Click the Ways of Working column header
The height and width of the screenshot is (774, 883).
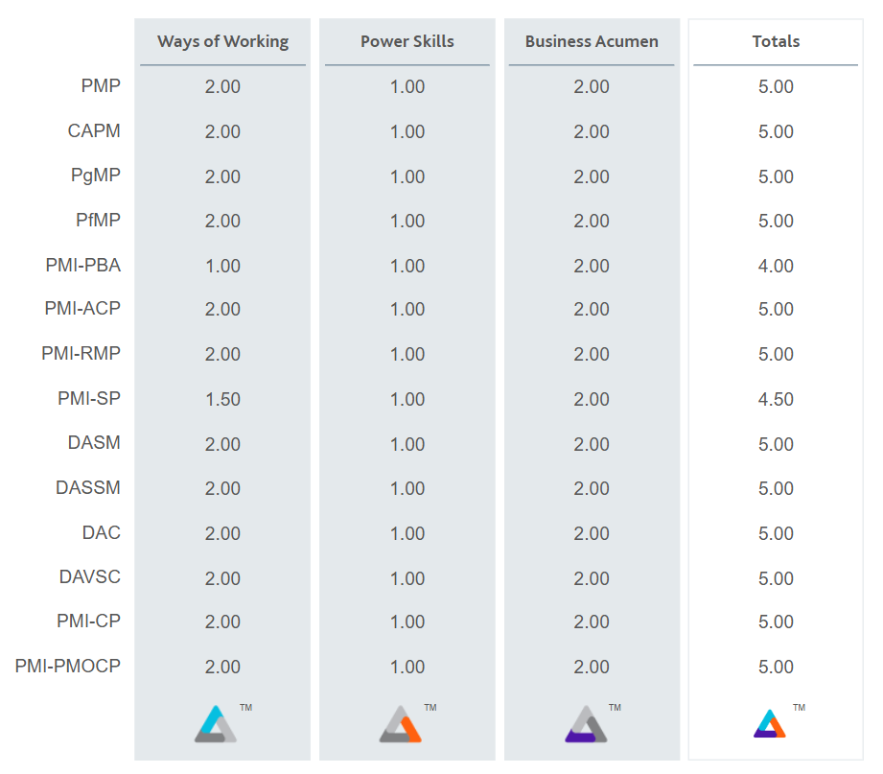(222, 41)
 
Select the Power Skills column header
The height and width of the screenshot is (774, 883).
(407, 41)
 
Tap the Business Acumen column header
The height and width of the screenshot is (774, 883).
(592, 41)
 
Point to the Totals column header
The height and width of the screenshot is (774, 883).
(776, 41)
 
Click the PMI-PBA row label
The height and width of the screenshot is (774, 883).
(83, 265)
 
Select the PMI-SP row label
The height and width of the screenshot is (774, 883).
(89, 398)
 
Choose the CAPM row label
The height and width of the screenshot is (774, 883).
(94, 130)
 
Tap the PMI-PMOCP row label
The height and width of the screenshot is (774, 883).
(68, 666)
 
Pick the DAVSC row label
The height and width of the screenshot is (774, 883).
(89, 576)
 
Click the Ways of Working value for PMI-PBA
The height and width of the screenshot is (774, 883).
(222, 266)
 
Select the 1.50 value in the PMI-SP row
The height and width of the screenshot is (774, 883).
(222, 399)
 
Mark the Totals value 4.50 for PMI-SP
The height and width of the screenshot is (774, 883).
(776, 399)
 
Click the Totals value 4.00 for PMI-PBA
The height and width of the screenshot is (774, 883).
(776, 266)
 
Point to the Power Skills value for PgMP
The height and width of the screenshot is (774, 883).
(407, 176)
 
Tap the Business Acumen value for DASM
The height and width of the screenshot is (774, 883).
(592, 444)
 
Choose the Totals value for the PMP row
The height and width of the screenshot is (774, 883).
(776, 86)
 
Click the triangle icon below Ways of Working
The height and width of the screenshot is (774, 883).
(215, 724)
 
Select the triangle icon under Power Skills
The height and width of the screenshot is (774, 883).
(400, 724)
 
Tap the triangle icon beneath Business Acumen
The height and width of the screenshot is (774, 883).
(585, 724)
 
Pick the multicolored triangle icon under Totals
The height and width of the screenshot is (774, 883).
(769, 723)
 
